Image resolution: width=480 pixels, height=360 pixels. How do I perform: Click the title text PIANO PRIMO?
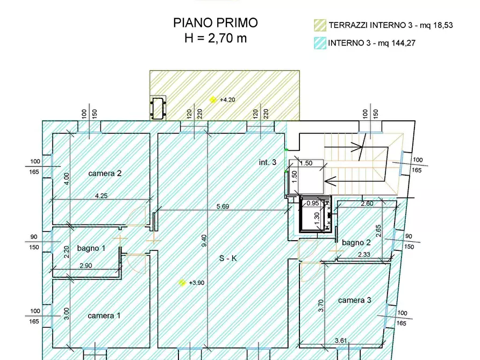pos(215,23)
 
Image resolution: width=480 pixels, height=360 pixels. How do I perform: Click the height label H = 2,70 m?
pos(215,38)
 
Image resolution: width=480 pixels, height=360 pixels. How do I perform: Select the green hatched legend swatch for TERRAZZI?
pos(320,25)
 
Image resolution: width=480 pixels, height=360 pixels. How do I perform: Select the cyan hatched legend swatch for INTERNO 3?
pos(320,44)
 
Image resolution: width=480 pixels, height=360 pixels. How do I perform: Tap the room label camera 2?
pos(105,173)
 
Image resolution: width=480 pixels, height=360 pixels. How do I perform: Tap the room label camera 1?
pos(104,315)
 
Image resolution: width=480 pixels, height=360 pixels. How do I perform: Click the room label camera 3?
pos(354,300)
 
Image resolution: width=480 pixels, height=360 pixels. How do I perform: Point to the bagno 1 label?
pos(91,248)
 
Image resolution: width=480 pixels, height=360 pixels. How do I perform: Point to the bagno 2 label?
pos(356,243)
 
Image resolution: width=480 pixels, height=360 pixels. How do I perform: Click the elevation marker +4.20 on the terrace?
pos(213,99)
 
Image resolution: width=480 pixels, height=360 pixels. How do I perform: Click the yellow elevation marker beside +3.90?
pos(183,282)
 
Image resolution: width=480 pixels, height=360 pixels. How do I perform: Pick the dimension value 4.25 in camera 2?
pos(101,196)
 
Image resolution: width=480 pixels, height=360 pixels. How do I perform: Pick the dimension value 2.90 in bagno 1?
pos(86,266)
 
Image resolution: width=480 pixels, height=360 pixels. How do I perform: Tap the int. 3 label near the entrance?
pos(268,162)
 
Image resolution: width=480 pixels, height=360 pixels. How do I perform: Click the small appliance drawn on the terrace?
pos(159,108)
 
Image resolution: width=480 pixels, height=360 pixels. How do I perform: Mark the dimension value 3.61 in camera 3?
pos(341,340)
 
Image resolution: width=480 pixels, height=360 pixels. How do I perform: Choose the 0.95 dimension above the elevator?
pos(313,203)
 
